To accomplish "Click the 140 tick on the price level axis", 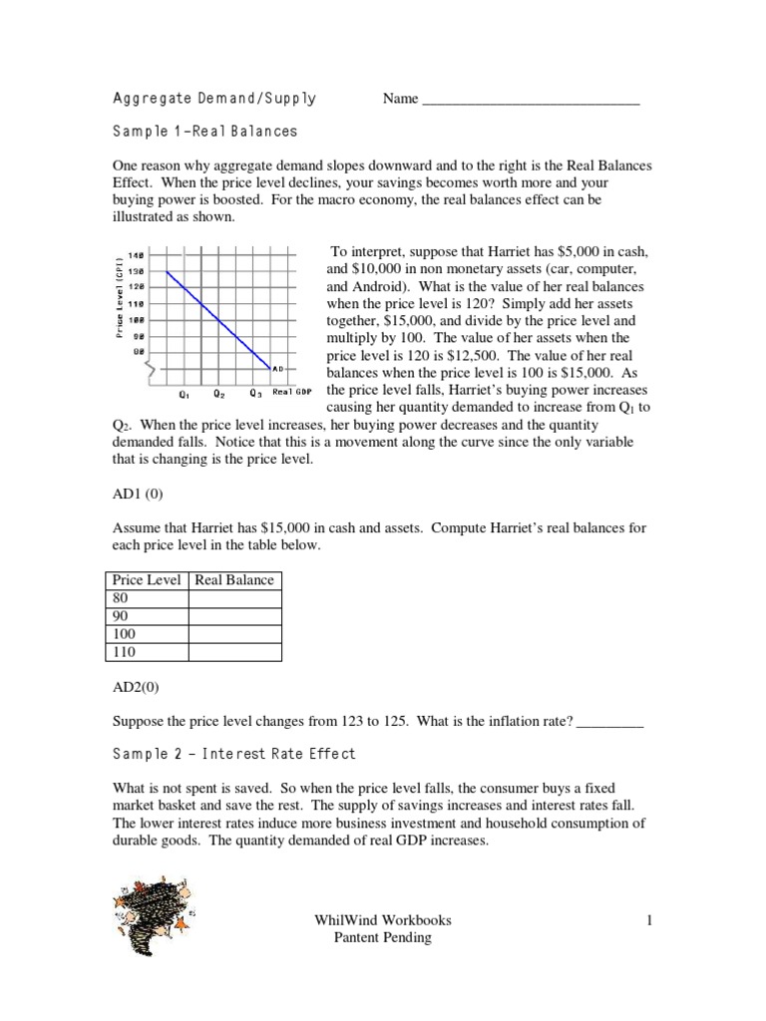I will (137, 255).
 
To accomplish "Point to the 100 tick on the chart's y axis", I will (137, 319).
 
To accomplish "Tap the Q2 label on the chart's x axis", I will (219, 392).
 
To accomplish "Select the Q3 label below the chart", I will (256, 392).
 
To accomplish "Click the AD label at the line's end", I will (279, 369).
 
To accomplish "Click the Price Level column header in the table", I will (147, 580).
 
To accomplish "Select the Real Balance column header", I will (234, 580).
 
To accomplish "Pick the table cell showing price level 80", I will (147, 598).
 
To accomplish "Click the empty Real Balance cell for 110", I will (234, 652).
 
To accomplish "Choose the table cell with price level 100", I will (147, 634).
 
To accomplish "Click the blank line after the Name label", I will (531, 100).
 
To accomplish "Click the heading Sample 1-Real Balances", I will (204, 131).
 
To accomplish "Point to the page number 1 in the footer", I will (648, 921).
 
